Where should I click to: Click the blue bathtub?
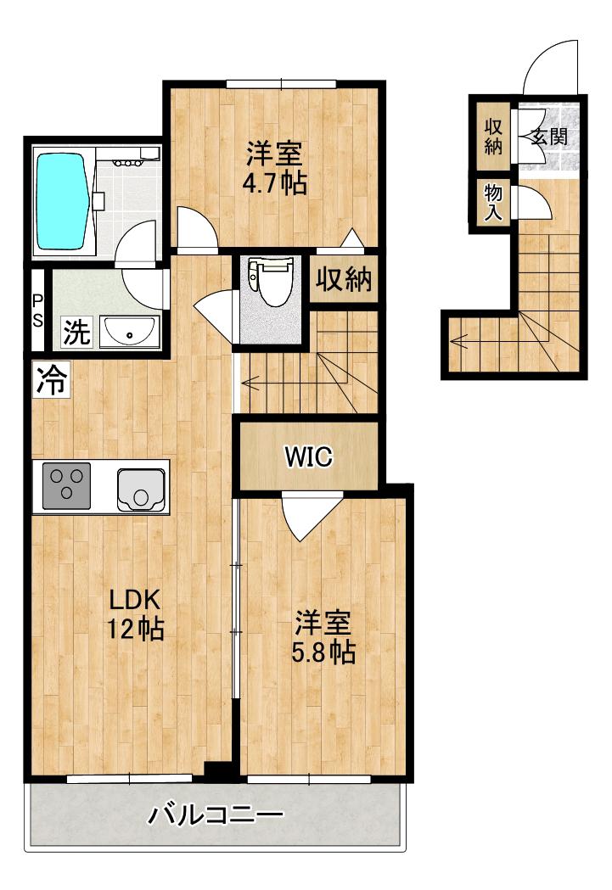click(x=64, y=202)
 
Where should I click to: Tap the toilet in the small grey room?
click(x=270, y=282)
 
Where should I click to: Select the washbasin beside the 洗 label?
click(x=129, y=332)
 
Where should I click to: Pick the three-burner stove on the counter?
click(x=67, y=486)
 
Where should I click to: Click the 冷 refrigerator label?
click(x=51, y=379)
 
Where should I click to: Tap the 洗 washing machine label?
click(x=76, y=332)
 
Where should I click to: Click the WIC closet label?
click(x=309, y=456)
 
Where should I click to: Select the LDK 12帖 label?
click(x=136, y=613)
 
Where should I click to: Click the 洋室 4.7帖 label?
click(x=275, y=167)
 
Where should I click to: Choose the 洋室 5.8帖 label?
click(x=323, y=637)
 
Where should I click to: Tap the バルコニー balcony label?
click(x=216, y=815)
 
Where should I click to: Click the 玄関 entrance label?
click(x=549, y=137)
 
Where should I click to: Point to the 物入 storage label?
click(x=493, y=202)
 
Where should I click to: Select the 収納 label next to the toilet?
click(x=344, y=278)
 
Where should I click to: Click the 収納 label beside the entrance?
click(x=493, y=137)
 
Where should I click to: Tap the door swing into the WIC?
click(x=313, y=515)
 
